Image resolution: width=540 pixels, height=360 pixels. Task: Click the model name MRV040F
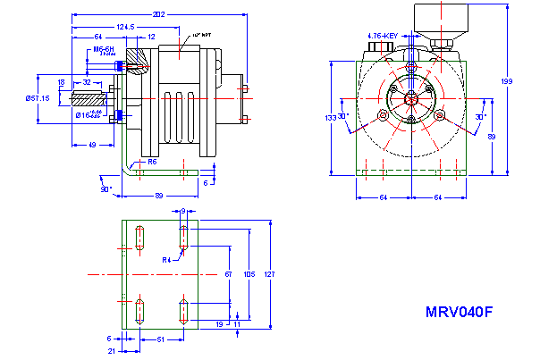[x=459, y=313]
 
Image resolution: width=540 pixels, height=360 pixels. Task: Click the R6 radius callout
[x=153, y=162]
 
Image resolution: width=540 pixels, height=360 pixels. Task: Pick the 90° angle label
[x=105, y=188]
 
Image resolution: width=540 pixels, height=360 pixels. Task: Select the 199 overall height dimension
[x=508, y=81]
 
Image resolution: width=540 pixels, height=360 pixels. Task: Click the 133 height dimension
[x=329, y=117]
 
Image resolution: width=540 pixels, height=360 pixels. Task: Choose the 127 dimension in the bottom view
[x=269, y=274]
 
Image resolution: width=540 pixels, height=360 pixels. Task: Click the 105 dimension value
[x=249, y=274]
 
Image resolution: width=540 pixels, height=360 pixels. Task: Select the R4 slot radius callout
[x=166, y=259]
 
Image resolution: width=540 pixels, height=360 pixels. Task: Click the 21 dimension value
[x=111, y=351]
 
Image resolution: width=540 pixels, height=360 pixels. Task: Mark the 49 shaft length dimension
[x=92, y=144]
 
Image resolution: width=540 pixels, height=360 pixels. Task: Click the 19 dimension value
[x=220, y=325]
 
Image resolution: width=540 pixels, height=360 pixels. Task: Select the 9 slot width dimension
[x=182, y=211]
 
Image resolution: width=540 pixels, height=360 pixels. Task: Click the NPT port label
[x=201, y=35]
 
